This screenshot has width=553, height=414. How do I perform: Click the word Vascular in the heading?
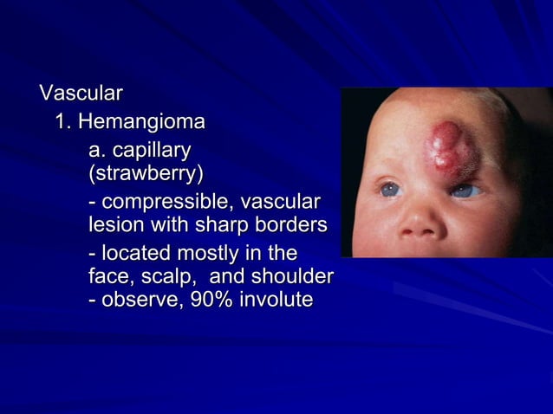coord(80,93)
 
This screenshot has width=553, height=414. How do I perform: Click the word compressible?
coord(168,204)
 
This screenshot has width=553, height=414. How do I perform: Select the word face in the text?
coord(109,277)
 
